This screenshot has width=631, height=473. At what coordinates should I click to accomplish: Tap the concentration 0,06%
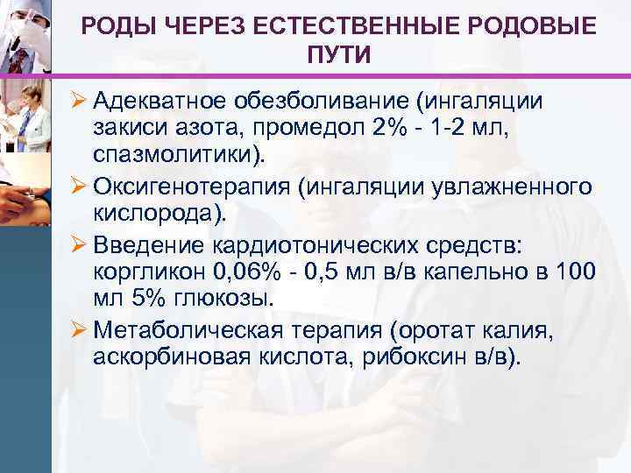[247, 272]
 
